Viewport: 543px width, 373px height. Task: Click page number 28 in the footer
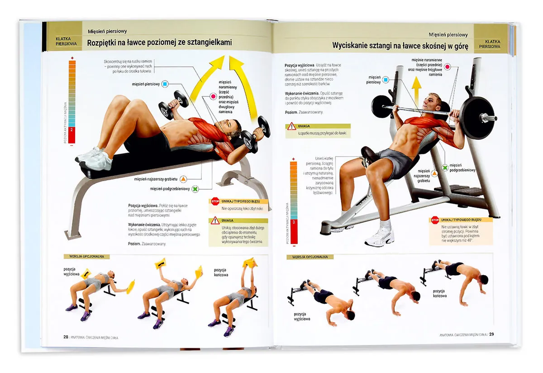point(66,336)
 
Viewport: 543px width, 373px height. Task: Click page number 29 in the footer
point(491,335)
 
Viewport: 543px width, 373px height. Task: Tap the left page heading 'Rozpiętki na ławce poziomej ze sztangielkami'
point(159,43)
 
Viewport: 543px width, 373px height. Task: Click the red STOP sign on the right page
point(435,220)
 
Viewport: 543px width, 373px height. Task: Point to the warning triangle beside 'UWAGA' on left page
point(215,221)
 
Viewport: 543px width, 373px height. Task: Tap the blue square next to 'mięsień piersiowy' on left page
point(165,84)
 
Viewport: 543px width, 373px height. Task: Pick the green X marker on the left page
point(195,189)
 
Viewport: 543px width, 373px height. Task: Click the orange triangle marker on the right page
point(434,173)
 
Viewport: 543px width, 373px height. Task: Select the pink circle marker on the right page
point(448,67)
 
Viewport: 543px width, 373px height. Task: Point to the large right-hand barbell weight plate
point(475,117)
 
